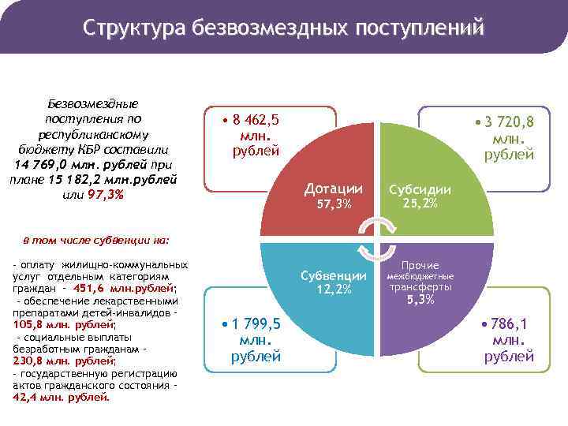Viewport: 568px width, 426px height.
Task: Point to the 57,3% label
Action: (x=333, y=205)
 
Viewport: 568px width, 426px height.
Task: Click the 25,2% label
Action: (x=420, y=204)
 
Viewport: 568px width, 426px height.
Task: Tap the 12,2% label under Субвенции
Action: (x=334, y=290)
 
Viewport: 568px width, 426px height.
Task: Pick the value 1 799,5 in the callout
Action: (x=256, y=325)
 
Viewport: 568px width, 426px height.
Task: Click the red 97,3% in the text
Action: (x=106, y=195)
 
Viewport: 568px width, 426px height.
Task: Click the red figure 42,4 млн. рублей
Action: (x=61, y=397)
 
